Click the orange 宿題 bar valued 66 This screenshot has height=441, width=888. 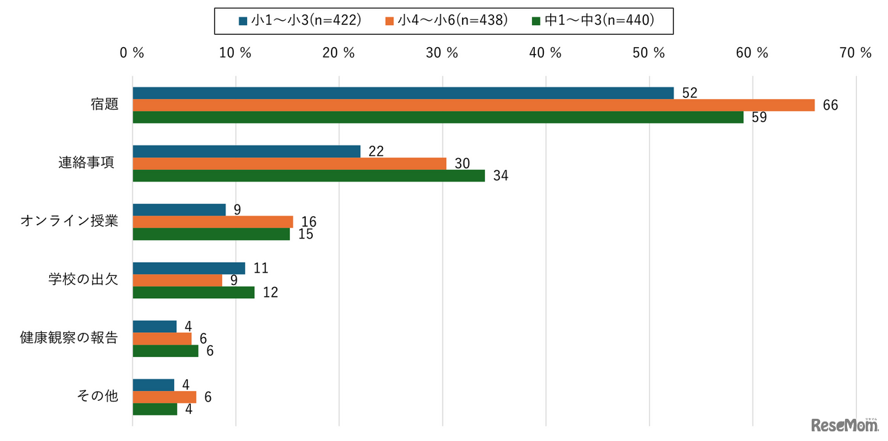(473, 105)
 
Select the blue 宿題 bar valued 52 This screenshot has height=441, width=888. (402, 93)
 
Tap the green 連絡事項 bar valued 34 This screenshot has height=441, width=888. (309, 176)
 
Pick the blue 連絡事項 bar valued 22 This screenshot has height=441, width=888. (246, 151)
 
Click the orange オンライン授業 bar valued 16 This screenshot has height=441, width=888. (213, 222)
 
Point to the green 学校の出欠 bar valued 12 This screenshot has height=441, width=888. (194, 293)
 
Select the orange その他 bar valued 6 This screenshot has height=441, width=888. (164, 397)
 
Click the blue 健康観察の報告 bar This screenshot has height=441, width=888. (155, 326)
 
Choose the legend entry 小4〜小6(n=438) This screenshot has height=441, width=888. (447, 21)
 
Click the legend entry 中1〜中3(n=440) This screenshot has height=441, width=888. (593, 21)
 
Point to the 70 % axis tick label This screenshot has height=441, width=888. (855, 53)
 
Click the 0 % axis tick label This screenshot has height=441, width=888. (132, 53)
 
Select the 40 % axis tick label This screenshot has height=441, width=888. (545, 53)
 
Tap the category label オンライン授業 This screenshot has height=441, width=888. (69, 222)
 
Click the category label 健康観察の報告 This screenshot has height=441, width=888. (69, 338)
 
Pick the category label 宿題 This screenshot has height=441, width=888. (104, 105)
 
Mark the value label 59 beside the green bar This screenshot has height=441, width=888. (759, 118)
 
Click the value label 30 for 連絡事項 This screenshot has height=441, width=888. (462, 164)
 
